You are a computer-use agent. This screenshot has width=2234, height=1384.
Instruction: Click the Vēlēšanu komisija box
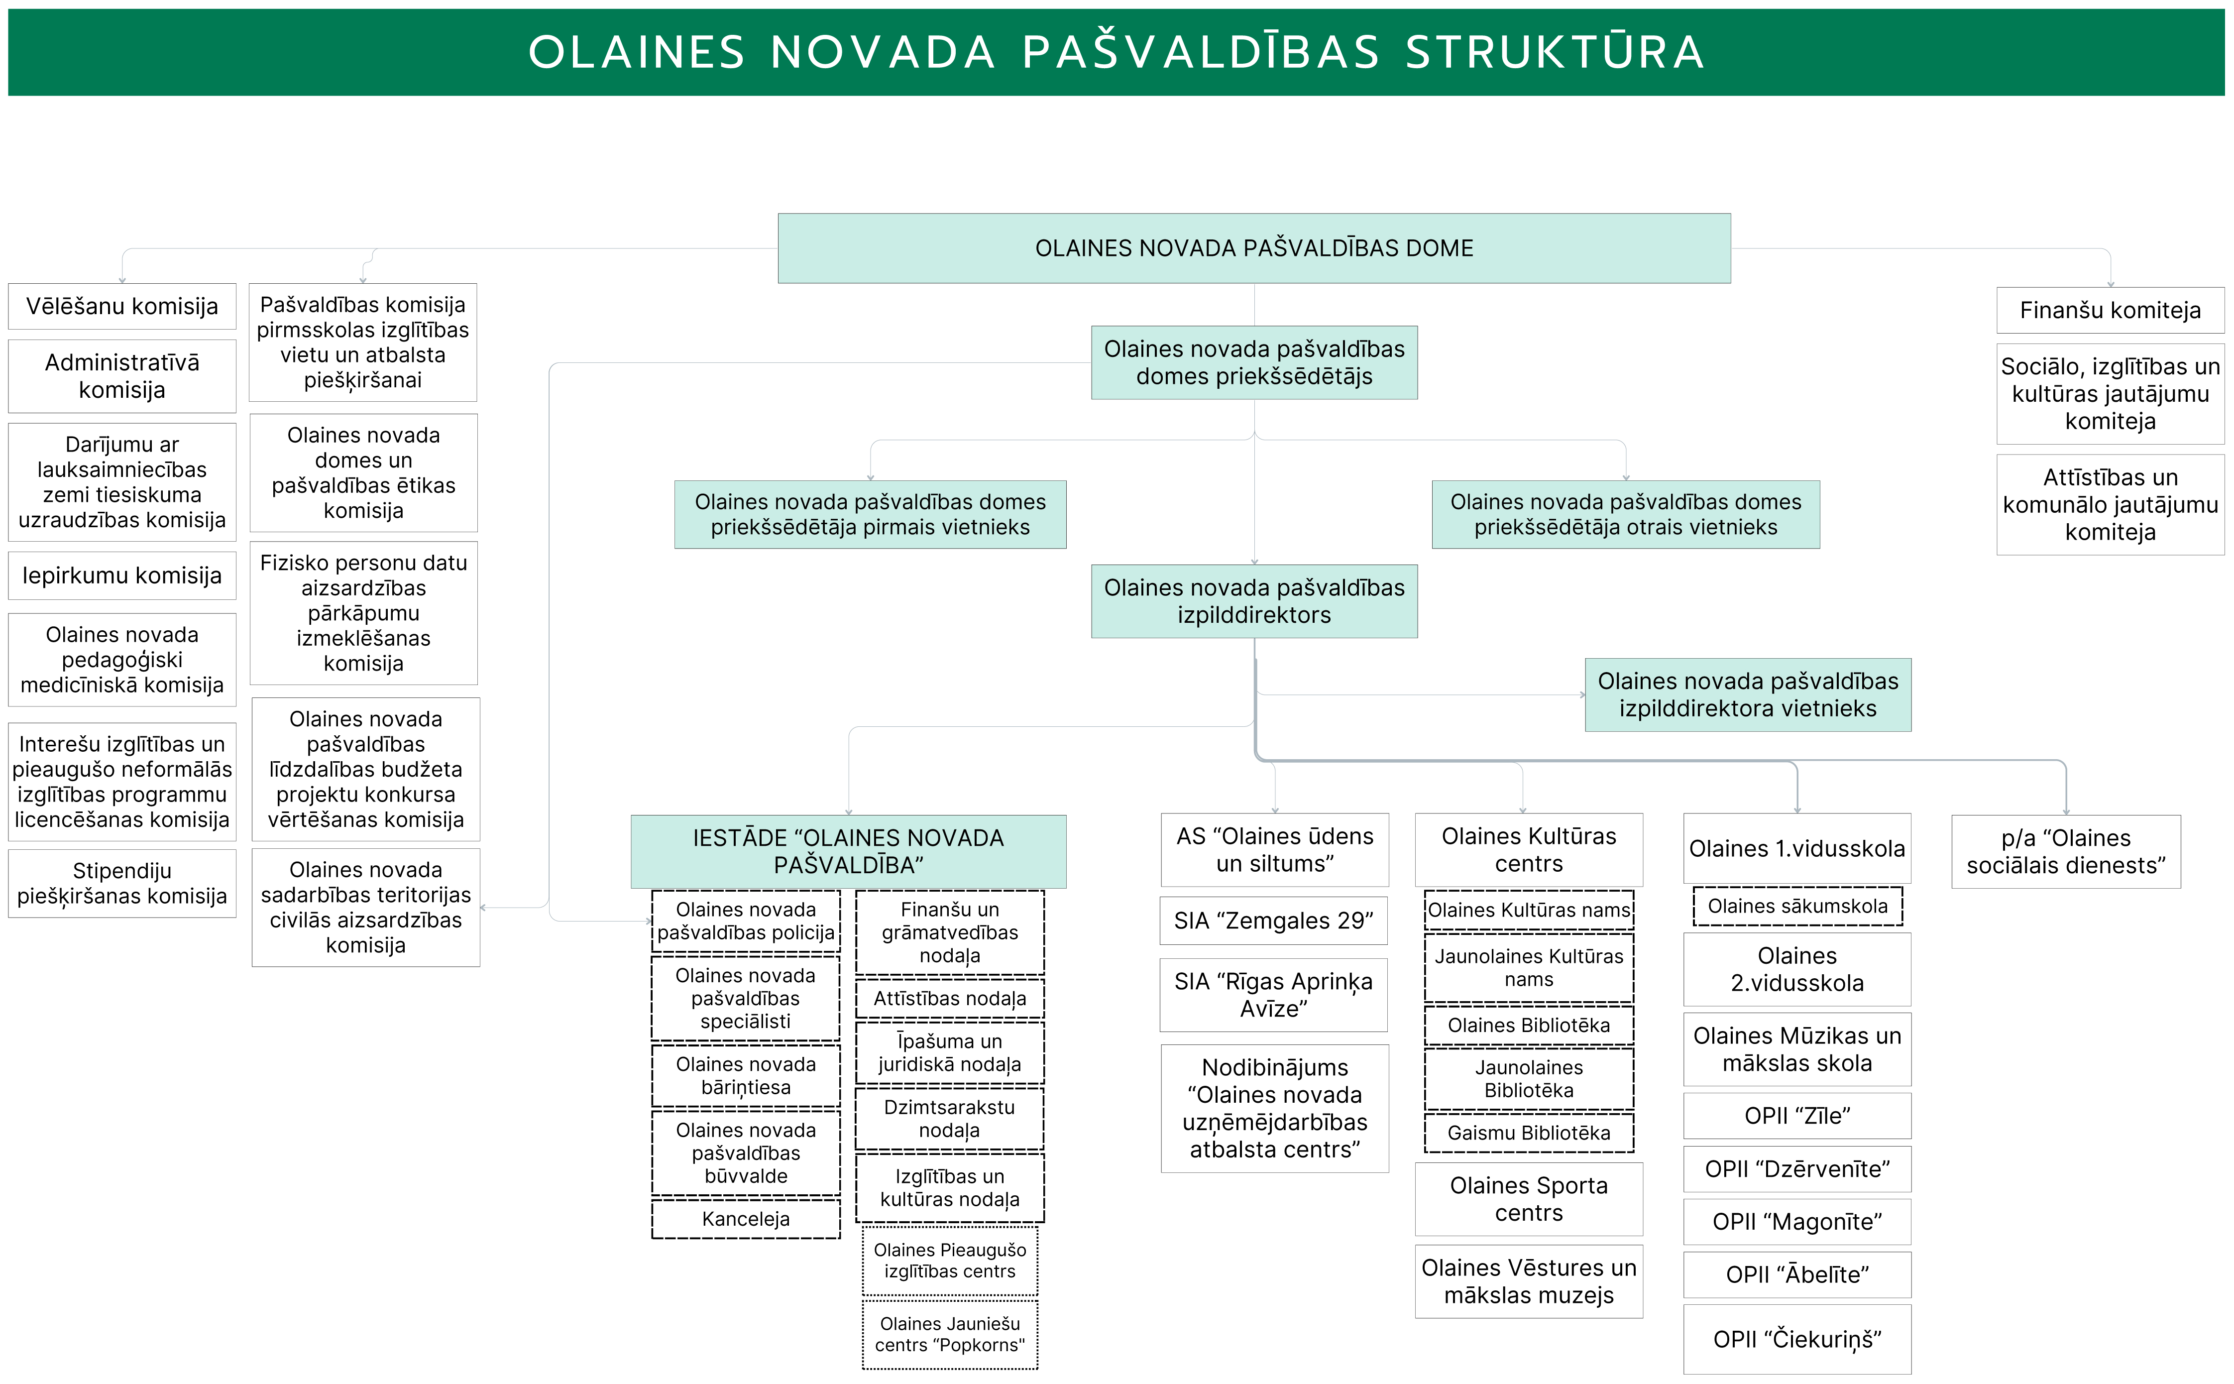(122, 307)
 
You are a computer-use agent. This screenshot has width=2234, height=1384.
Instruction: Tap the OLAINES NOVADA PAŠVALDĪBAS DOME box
(1254, 248)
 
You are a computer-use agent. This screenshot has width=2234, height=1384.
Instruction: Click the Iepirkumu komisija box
(122, 576)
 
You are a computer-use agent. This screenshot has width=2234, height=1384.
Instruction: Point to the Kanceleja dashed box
(746, 1219)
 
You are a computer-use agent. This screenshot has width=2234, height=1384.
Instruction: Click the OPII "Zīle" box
(1796, 1116)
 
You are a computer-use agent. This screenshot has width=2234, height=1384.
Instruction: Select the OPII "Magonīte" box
(1796, 1222)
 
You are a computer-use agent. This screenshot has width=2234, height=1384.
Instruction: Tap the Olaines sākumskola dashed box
(1796, 906)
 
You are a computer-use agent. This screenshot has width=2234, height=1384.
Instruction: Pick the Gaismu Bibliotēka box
(1528, 1133)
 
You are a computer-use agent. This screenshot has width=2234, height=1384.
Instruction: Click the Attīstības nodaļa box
(949, 999)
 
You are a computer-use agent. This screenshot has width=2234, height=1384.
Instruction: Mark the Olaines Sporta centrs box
(1528, 1199)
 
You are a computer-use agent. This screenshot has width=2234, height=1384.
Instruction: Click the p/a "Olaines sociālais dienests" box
(2066, 851)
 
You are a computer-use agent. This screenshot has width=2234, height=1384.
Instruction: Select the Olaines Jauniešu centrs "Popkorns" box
(949, 1335)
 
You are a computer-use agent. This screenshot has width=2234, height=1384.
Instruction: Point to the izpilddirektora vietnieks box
(1747, 695)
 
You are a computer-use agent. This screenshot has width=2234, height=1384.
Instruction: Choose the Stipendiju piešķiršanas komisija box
(122, 883)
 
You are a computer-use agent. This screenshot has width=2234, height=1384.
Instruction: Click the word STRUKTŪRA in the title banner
(1554, 52)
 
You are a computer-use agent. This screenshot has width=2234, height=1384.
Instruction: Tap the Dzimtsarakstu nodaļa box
(949, 1119)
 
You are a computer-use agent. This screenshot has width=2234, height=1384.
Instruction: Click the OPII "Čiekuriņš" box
(1796, 1339)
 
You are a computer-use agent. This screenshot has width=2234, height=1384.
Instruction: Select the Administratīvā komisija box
(122, 376)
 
